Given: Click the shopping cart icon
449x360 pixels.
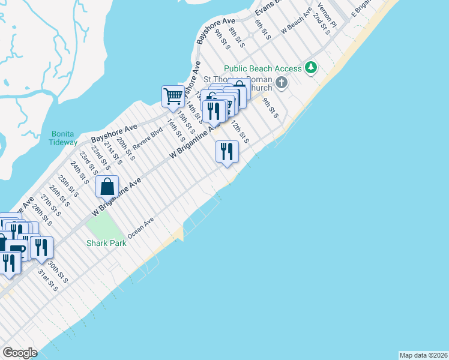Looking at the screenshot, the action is [x=173, y=96].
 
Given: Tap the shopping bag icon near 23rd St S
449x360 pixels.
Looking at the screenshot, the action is [x=107, y=186].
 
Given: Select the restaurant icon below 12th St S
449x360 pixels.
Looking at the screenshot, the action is [x=226, y=151].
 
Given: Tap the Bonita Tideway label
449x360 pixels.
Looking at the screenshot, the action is [x=64, y=137].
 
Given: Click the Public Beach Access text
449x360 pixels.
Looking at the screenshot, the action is [x=262, y=68].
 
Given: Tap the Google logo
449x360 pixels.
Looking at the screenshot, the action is [x=20, y=353].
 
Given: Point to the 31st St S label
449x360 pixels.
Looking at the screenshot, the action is [x=47, y=280].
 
